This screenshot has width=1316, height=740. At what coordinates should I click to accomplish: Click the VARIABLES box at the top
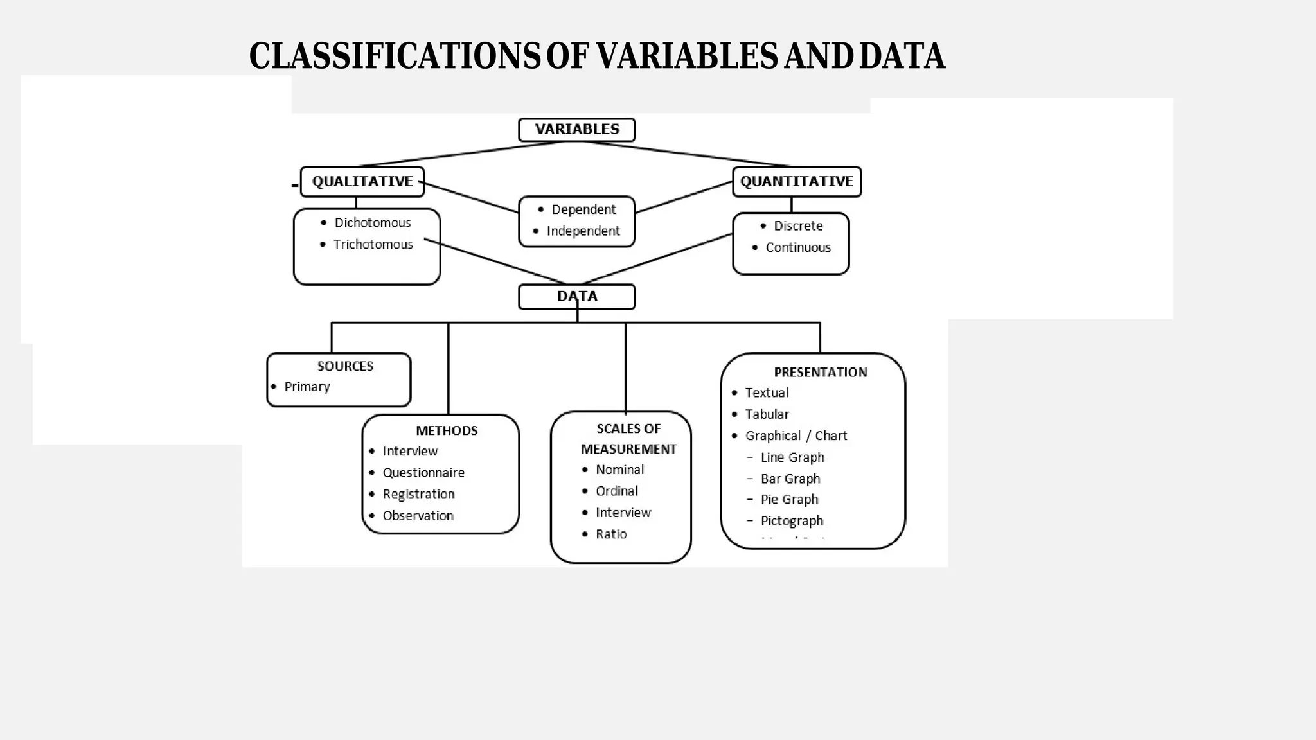click(x=576, y=129)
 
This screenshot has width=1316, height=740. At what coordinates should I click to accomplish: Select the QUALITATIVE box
click(x=362, y=182)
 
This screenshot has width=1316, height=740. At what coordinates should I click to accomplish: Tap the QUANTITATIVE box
click(x=796, y=182)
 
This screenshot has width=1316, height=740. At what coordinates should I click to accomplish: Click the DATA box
click(x=576, y=297)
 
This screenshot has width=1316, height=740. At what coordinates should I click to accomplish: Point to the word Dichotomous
click(x=372, y=223)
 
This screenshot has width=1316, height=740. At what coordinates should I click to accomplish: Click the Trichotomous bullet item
click(x=373, y=245)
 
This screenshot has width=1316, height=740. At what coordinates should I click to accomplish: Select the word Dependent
click(x=583, y=209)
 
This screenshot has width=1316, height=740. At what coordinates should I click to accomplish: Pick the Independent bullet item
click(x=583, y=231)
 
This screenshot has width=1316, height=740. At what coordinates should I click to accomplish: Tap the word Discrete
click(x=798, y=226)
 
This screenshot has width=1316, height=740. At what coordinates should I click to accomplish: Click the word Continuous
click(x=798, y=247)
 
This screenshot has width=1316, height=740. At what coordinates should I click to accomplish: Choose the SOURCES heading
click(x=345, y=366)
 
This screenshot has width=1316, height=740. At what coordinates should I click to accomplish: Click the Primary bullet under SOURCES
click(x=307, y=387)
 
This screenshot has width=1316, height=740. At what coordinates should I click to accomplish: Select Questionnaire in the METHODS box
click(x=423, y=473)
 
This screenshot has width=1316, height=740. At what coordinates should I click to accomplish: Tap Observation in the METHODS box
click(x=418, y=516)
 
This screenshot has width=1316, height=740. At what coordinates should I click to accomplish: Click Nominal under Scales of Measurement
click(x=619, y=470)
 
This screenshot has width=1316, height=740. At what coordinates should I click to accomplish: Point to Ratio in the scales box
click(x=610, y=534)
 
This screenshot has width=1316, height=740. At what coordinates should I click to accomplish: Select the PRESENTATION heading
click(x=820, y=373)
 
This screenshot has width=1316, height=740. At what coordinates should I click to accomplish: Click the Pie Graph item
click(x=789, y=500)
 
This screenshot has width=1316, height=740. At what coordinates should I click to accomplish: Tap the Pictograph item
click(x=792, y=521)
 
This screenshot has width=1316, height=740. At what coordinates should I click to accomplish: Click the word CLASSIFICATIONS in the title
click(x=395, y=56)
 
